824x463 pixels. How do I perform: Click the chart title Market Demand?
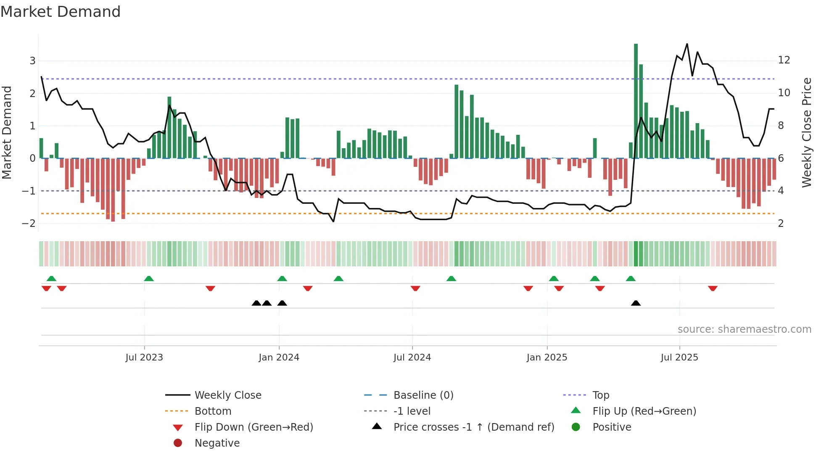click(61, 12)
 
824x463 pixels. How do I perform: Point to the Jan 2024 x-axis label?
click(279, 358)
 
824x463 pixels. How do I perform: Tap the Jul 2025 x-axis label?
click(679, 358)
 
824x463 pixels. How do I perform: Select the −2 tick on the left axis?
click(29, 224)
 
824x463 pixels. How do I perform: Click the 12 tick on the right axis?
click(784, 60)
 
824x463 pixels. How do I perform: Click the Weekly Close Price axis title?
click(806, 132)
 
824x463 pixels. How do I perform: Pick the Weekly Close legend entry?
click(227, 395)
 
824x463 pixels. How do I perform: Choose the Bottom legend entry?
click(213, 411)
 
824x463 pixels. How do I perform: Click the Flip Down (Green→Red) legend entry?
click(254, 427)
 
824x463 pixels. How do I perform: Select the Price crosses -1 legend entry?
click(473, 427)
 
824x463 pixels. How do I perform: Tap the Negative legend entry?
click(217, 443)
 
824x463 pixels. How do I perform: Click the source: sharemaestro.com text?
click(744, 329)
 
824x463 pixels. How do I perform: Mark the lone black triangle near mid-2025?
click(636, 303)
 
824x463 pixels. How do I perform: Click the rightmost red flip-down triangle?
click(713, 288)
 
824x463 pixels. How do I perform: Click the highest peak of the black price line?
click(687, 44)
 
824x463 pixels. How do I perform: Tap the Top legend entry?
click(600, 395)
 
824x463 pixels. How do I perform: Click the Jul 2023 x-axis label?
click(144, 358)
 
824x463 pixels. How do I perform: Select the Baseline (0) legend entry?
click(423, 395)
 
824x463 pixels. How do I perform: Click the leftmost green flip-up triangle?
click(51, 279)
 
